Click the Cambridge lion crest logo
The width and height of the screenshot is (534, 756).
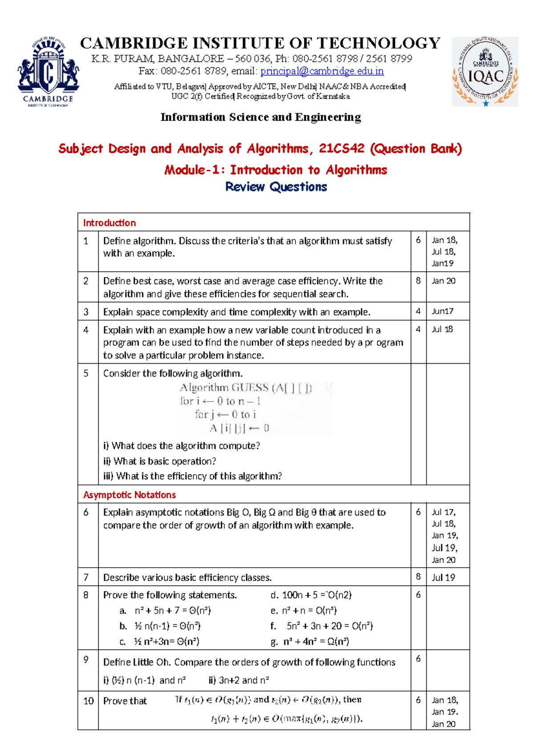[48, 71]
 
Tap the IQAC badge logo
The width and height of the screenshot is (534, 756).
[485, 72]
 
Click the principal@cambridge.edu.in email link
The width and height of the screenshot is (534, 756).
[322, 71]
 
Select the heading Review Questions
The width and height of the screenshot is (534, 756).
[276, 187]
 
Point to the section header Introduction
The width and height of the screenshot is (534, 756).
[109, 223]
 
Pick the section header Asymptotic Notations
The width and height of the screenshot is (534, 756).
[129, 495]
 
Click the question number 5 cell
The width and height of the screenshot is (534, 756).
[86, 374]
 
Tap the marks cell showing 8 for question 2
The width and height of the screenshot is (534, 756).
[418, 281]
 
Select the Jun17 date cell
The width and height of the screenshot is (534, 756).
[442, 311]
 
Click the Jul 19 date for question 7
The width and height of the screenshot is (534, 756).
[443, 577]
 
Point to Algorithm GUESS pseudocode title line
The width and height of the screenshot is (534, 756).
[246, 388]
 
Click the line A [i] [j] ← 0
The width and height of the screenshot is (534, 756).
[239, 428]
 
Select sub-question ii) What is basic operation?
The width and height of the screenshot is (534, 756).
[160, 461]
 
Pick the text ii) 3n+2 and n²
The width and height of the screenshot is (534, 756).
[239, 680]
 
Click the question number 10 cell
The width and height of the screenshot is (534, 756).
[88, 701]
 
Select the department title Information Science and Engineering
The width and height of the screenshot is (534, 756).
[261, 117]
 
